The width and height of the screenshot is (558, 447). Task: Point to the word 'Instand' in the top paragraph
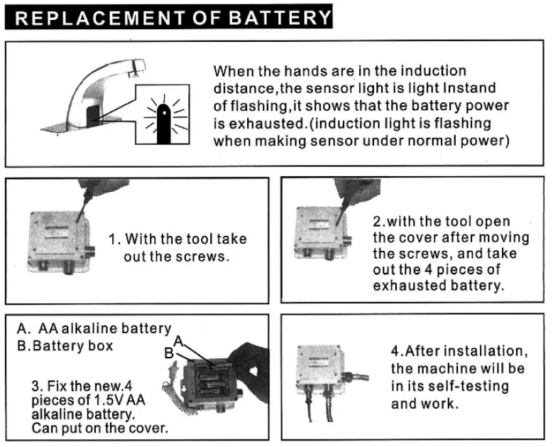(469, 89)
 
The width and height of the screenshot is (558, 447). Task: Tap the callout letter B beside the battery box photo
(170, 352)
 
